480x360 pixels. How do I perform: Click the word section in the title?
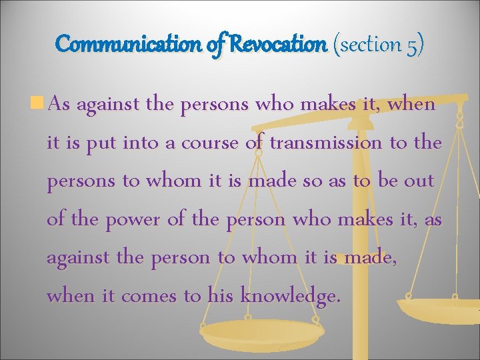(370, 45)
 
